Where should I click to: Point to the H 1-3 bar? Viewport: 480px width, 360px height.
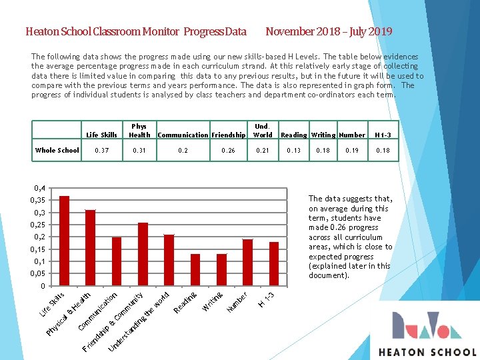pos(274,264)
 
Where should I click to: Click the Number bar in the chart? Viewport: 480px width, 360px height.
pos(247,263)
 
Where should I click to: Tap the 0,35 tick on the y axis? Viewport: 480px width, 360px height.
pos(39,200)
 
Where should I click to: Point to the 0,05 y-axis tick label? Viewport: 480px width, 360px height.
pos(39,273)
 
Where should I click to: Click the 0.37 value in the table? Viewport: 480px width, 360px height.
pos(102,151)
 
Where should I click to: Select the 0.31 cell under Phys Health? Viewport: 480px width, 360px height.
pos(139,151)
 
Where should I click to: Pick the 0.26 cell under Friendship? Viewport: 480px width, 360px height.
pos(228,151)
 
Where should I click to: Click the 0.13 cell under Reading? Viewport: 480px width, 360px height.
pos(293,151)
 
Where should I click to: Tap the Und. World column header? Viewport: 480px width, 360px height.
pos(263,130)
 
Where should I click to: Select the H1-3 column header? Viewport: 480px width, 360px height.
pos(383,135)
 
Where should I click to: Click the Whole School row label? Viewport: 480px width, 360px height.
pos(57,151)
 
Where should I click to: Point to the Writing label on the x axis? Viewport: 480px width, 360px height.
pos(213,301)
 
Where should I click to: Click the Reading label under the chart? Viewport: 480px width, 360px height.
pos(185,301)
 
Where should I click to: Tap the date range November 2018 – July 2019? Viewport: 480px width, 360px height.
pos(329,31)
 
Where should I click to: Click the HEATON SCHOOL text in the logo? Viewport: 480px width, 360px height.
pos(427,352)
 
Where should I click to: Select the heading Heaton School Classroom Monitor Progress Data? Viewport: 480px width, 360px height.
pos(135,31)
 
